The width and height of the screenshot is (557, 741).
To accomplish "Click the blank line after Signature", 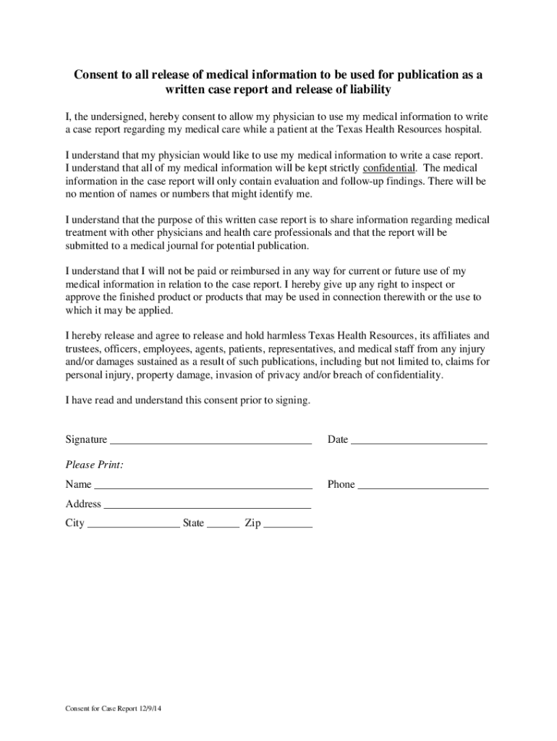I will coord(210,441).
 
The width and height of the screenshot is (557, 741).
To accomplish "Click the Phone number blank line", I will coord(423,486).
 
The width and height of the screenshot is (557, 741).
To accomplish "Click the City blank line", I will coord(133,525).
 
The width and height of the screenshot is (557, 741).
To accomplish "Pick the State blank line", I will coord(223,525).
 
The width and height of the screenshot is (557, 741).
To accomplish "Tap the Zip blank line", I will coord(288,525).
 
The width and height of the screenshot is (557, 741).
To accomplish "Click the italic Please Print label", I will coord(94,465).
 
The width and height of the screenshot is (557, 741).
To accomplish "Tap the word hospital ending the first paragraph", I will coord(460,129).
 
